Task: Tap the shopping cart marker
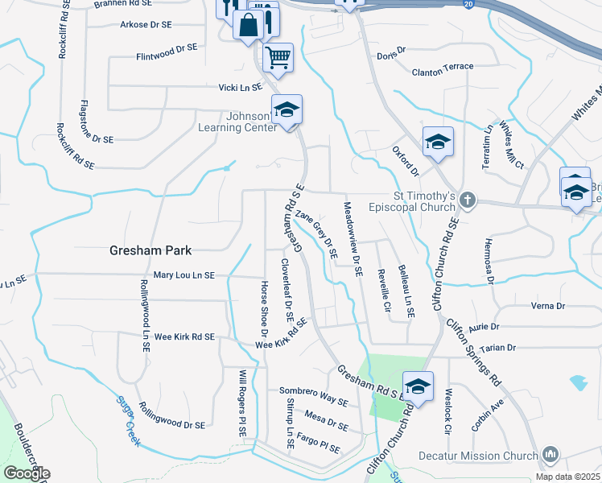pyautogui.click(x=278, y=57)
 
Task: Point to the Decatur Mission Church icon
pyautogui.click(x=550, y=455)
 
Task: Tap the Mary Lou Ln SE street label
pyautogui.click(x=183, y=275)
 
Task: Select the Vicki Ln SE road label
pyautogui.click(x=241, y=87)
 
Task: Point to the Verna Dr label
pyautogui.click(x=549, y=306)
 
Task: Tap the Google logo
pyautogui.click(x=27, y=473)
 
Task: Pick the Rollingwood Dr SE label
pyautogui.click(x=171, y=415)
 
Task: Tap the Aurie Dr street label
pyautogui.click(x=484, y=328)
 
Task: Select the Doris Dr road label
pyautogui.click(x=392, y=53)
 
